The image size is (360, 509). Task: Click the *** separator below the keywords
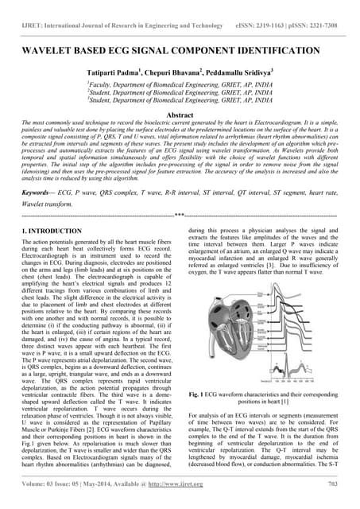tap(180, 215)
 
